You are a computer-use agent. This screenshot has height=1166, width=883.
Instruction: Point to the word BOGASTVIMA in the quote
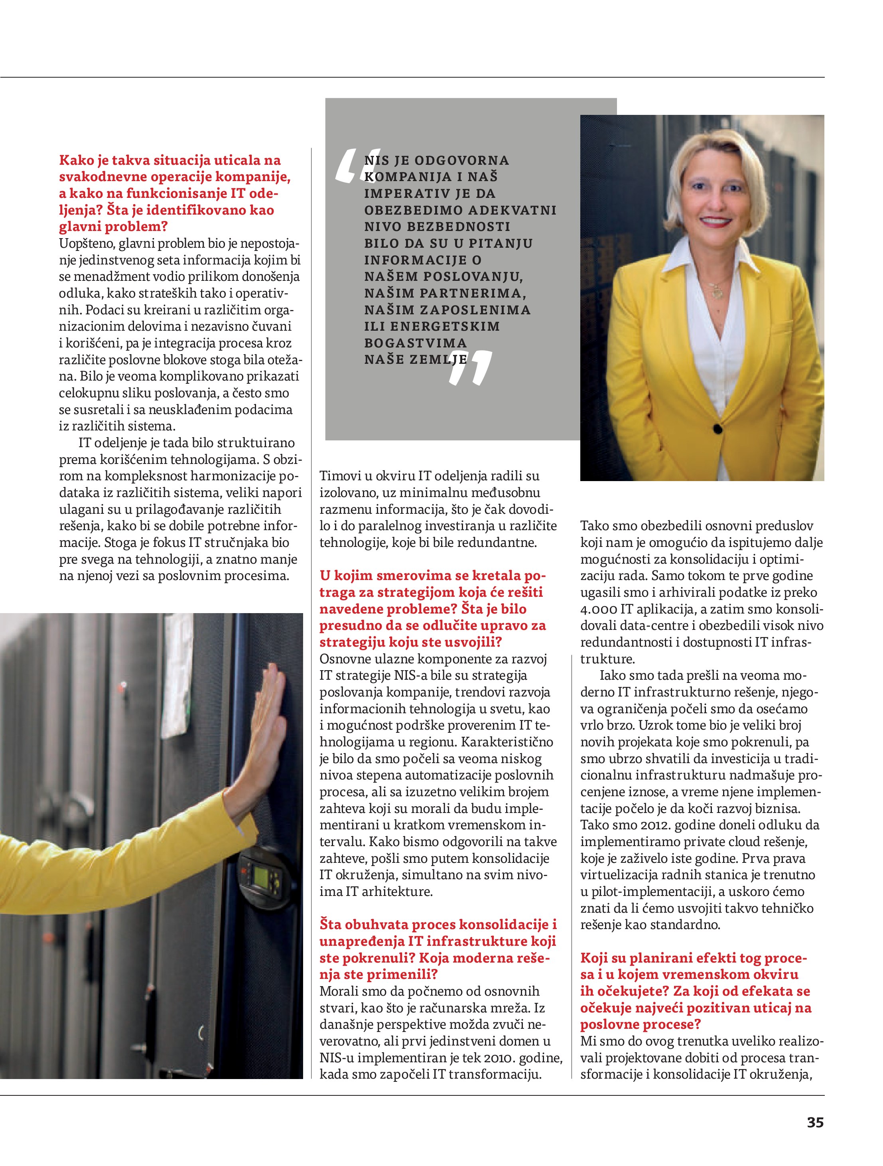[416, 343]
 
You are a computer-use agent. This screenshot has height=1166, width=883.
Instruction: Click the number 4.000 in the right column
[598, 610]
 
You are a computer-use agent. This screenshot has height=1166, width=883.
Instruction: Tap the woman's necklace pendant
[717, 292]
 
